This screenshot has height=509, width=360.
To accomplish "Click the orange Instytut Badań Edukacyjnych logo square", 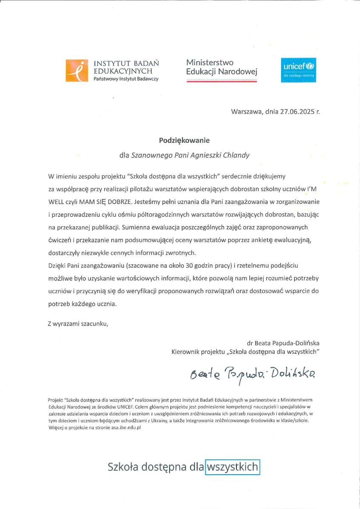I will click(77, 70).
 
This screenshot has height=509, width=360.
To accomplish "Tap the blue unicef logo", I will click(299, 70).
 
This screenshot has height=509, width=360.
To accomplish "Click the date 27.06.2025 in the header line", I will click(296, 112).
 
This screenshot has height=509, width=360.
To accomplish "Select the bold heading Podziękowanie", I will click(184, 140).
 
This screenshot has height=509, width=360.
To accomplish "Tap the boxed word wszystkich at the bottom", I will click(232, 467).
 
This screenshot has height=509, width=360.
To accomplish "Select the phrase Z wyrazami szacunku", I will click(78, 324).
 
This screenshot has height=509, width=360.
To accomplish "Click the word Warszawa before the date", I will click(246, 112).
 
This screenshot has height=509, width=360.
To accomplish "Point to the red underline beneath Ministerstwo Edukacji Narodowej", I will click(222, 81).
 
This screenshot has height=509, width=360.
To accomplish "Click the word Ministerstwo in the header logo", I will click(210, 63).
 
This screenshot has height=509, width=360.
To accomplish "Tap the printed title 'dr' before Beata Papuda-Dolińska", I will click(250, 343).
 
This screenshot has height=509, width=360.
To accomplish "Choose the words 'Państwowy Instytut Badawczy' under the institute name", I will click(126, 79).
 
